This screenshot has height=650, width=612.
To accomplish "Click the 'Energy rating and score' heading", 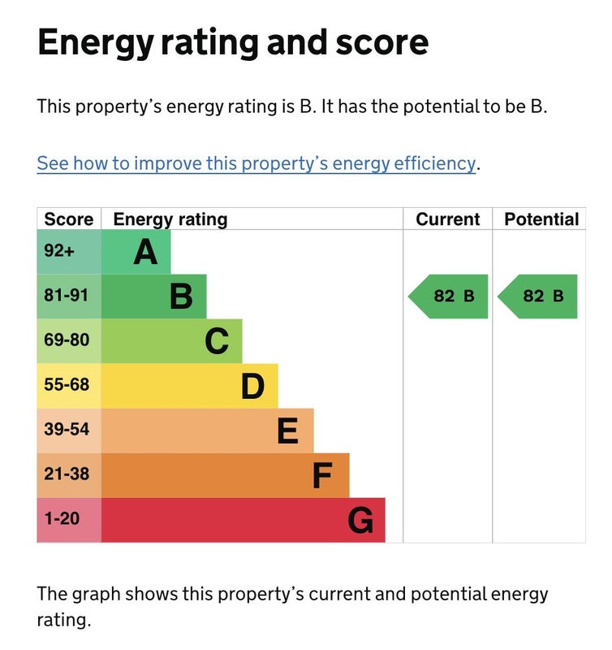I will click(233, 41).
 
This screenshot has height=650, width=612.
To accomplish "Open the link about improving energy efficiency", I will click(256, 162).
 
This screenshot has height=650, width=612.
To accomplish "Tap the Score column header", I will click(68, 219).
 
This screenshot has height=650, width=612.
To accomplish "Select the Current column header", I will click(447, 219).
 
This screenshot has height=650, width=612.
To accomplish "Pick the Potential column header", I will click(541, 219).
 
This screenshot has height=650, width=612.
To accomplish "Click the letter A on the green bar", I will click(145, 253).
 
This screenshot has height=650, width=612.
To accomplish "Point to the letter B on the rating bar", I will click(181, 297).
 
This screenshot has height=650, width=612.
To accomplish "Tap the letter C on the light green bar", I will click(217, 341).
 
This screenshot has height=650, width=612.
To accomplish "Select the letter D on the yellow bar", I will click(252, 386).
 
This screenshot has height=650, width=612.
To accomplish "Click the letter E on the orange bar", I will click(287, 431).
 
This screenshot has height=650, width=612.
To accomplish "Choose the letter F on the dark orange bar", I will click(322, 475).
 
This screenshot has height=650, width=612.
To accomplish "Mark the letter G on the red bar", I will click(360, 520).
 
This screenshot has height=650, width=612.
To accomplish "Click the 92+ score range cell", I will click(59, 252).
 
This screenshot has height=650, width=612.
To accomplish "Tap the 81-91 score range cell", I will click(67, 296).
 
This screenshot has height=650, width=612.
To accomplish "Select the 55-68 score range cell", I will click(67, 384).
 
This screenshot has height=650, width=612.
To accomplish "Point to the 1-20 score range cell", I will click(62, 518).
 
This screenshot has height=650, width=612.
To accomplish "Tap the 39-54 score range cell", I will click(67, 429).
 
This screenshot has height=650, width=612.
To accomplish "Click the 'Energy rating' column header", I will click(170, 219).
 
